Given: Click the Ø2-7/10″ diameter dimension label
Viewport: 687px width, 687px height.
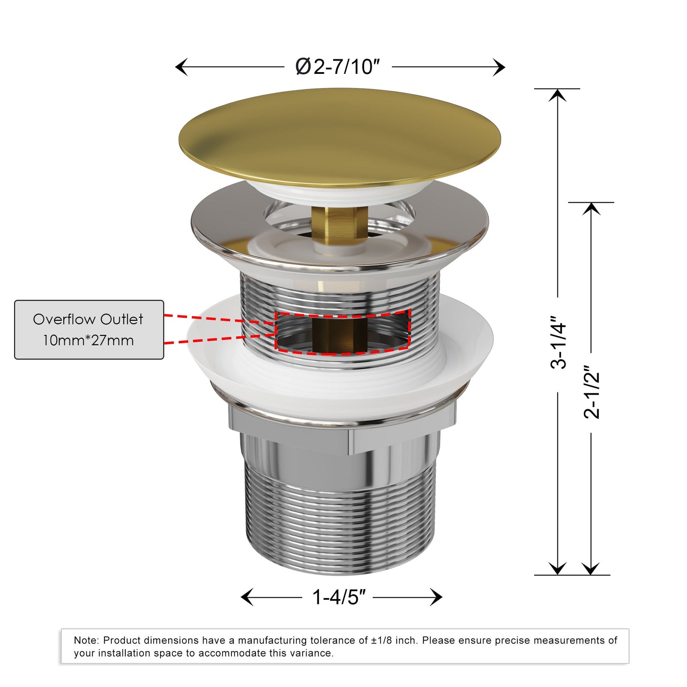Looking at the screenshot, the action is tap(338, 67).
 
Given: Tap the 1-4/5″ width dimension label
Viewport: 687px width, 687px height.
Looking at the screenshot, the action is tap(339, 597).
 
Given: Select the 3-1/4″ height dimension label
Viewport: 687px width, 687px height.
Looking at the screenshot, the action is tap(558, 343).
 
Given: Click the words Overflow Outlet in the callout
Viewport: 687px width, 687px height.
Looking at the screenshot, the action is tap(88, 319).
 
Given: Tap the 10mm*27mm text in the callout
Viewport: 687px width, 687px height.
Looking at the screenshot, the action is tap(88, 340).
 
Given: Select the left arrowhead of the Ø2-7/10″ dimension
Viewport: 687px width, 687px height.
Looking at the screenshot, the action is tap(181, 67).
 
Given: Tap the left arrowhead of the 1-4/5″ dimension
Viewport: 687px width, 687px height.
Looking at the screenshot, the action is tap(247, 597).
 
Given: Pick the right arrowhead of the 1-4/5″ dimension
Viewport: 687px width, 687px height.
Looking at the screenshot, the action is tap(436, 597).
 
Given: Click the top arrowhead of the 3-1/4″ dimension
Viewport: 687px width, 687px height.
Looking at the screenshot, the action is tap(558, 95).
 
